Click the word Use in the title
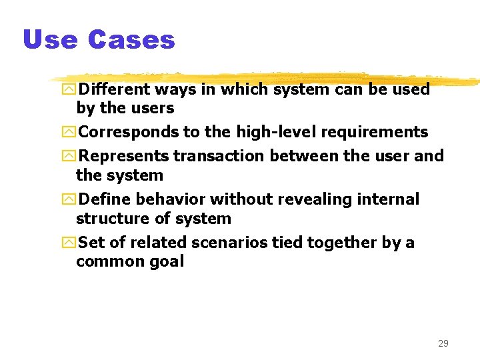50,40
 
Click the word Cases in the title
131,40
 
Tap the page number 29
443,343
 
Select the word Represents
124,156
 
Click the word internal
389,199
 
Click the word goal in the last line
167,261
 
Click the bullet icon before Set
69,243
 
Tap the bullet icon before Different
69,90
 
